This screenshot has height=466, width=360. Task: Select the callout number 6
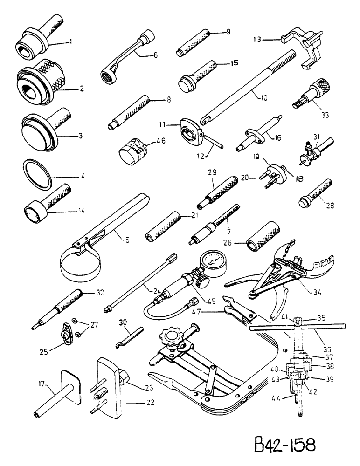click(155, 55)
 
